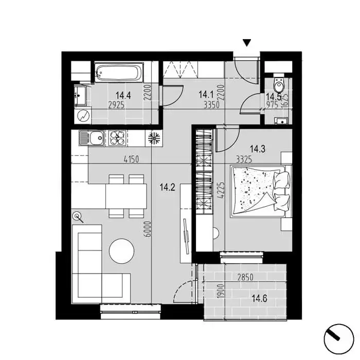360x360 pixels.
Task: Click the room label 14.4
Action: (123, 95)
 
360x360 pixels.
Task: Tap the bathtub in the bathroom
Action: (118, 73)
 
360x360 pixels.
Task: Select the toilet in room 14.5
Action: (279, 83)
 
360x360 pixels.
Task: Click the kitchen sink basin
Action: (97, 138)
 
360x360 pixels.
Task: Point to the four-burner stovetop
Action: (117, 138)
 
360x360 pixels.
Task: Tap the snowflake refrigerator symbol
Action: (154, 138)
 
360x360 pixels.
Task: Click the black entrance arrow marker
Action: (247, 43)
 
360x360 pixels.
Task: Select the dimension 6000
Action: (148, 229)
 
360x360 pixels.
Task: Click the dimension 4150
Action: (131, 159)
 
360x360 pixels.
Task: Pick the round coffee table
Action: (122, 251)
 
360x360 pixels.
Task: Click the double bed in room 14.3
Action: (261, 191)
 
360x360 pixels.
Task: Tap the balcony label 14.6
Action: (259, 299)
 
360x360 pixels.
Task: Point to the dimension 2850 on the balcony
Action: (245, 277)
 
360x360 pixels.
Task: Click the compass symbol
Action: (338, 339)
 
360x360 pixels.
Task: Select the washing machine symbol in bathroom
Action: (83, 116)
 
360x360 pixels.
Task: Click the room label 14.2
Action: (167, 187)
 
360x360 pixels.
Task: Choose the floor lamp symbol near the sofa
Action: (78, 217)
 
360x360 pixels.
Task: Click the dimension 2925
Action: (116, 105)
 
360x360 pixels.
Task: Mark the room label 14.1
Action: (206, 94)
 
